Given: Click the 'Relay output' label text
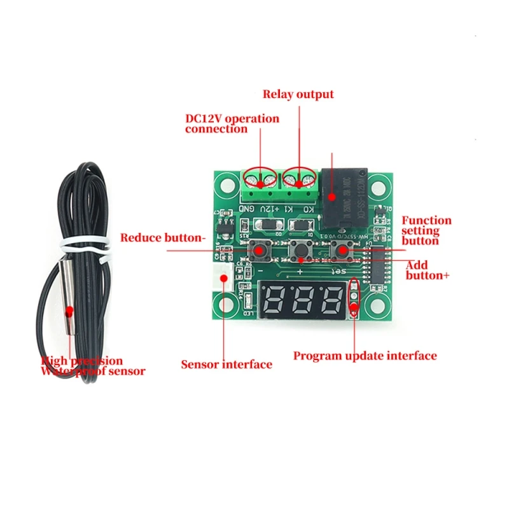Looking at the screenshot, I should click(x=298, y=94).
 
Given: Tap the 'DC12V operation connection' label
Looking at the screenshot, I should click(x=232, y=123).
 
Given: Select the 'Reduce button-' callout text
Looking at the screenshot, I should click(x=163, y=238).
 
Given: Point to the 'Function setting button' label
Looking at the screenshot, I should click(x=426, y=230).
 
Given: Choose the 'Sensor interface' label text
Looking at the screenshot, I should click(x=227, y=365).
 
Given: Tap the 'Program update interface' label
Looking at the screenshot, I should click(x=365, y=356).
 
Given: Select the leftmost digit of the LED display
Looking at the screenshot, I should click(x=276, y=298).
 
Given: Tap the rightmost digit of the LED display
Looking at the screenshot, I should click(x=331, y=298).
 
